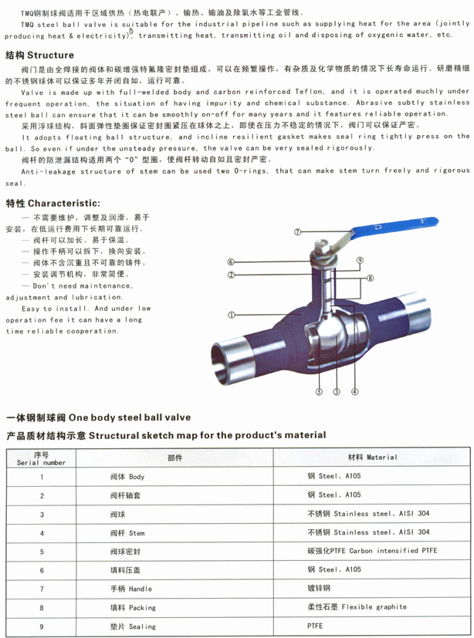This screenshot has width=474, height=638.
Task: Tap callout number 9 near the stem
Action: coord(360,262)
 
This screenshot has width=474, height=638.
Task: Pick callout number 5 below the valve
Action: coord(318,392)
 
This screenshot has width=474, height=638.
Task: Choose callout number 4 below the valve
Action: coord(354,392)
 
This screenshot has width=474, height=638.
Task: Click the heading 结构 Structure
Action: coord(39,56)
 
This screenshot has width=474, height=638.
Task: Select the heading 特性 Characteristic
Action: coord(48,204)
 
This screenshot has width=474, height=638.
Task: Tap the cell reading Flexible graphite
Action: coord(357,607)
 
